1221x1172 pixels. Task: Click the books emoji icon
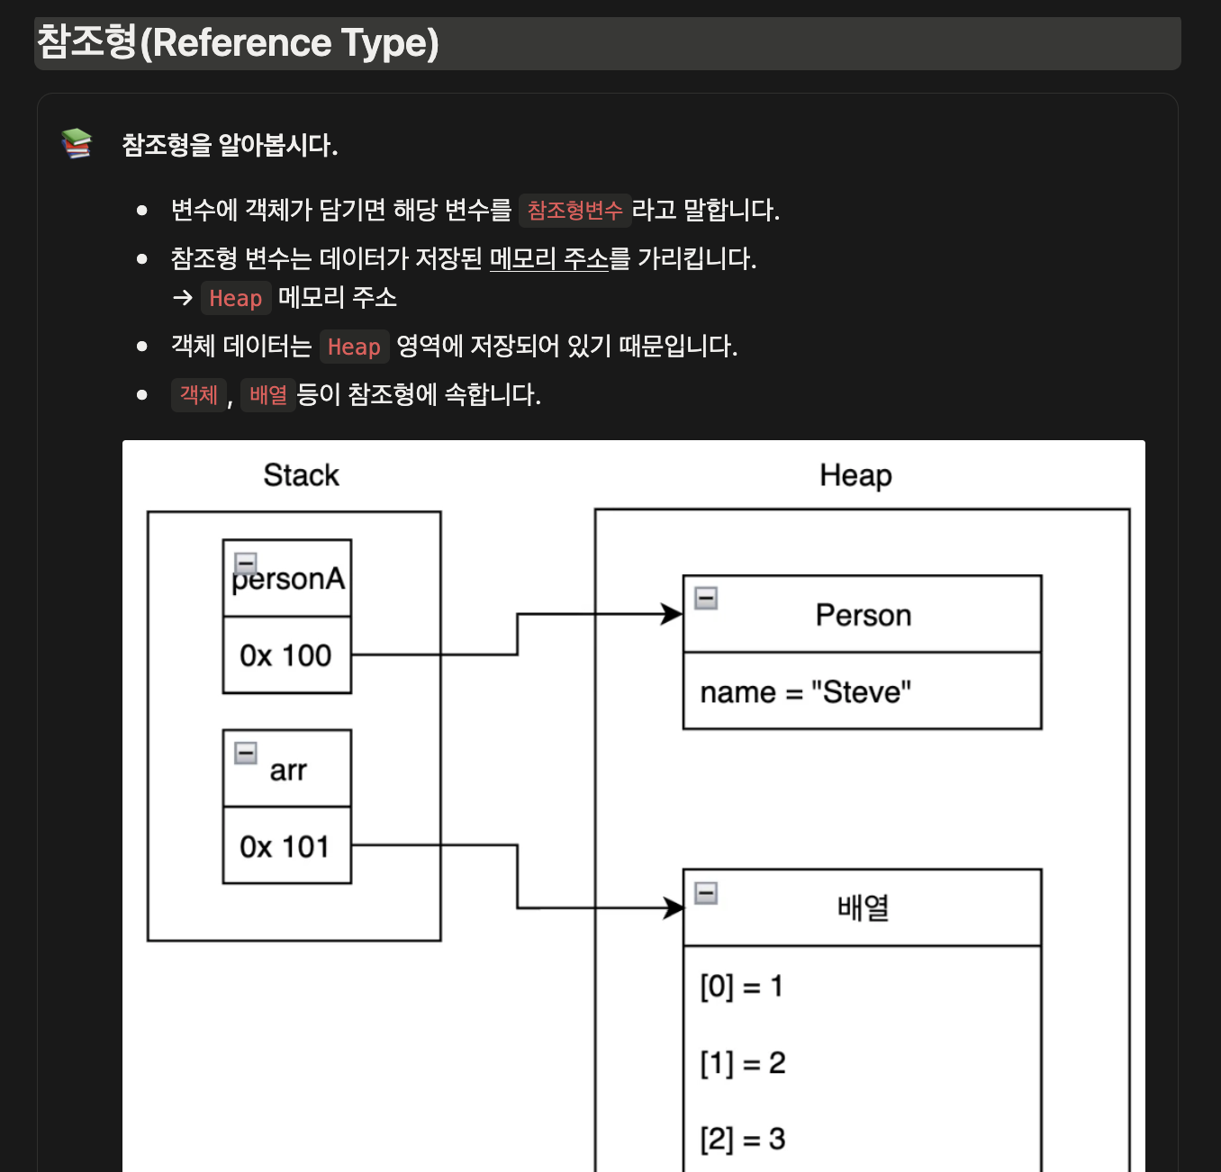pos(77,143)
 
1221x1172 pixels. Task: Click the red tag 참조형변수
pos(574,211)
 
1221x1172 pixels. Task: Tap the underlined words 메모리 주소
pos(549,259)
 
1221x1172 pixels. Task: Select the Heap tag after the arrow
pos(235,298)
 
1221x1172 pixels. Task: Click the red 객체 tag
pos(198,395)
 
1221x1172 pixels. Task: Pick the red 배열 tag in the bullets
pos(267,395)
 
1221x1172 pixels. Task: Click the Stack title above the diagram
pos(301,475)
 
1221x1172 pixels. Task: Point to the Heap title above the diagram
pos(855,475)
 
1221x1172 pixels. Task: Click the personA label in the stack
pos(288,579)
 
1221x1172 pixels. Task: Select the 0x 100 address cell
pos(285,655)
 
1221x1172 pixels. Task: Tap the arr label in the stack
pos(288,771)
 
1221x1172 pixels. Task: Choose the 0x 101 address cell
pos(285,846)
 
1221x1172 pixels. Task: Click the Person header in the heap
pos(863,615)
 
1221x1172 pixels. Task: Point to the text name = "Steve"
pos(805,692)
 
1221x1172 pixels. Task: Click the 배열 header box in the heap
pos(863,907)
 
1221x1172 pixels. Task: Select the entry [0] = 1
pos(741,987)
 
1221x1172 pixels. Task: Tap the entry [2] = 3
pos(742,1140)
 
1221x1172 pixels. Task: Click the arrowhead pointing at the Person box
pos(672,614)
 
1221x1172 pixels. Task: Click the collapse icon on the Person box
pos(706,598)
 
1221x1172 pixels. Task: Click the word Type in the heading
pos(390,43)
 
